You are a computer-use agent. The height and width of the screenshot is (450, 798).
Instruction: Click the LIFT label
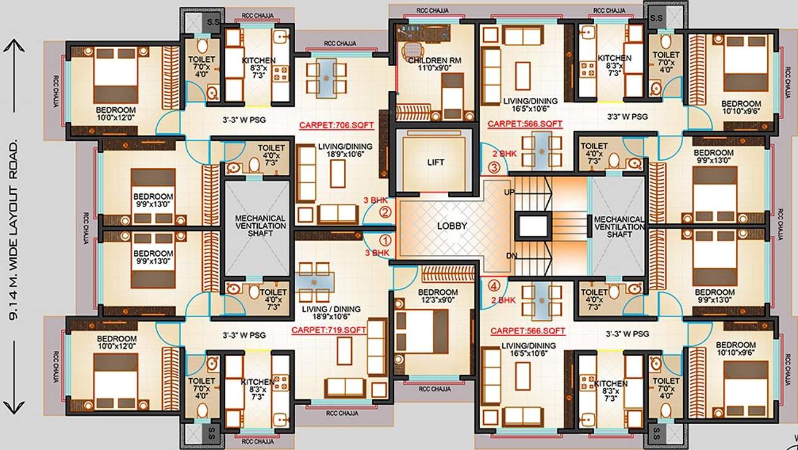click(436, 162)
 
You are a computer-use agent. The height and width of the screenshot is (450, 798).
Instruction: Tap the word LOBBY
click(452, 226)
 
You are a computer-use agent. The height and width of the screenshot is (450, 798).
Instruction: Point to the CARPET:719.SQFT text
click(328, 330)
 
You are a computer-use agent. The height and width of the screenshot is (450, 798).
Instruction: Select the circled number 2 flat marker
click(385, 213)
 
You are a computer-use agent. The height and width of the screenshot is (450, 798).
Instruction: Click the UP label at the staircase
click(509, 193)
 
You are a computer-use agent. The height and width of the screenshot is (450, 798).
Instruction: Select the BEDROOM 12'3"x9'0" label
click(438, 296)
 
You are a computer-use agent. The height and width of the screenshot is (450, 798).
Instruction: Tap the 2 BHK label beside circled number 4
click(503, 300)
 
